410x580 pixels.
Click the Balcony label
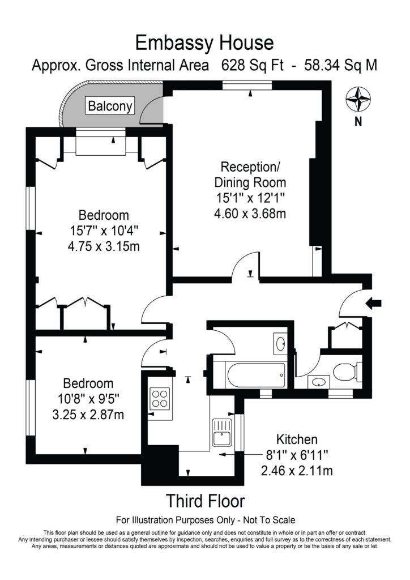click(x=110, y=105)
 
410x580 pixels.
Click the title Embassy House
click(x=204, y=42)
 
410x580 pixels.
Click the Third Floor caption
click(x=204, y=501)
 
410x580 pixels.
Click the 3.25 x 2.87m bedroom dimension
click(x=88, y=415)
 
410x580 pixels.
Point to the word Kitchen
click(x=297, y=440)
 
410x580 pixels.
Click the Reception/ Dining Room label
click(x=250, y=174)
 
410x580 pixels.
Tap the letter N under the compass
click(x=357, y=121)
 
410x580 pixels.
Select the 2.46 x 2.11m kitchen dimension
click(x=297, y=470)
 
